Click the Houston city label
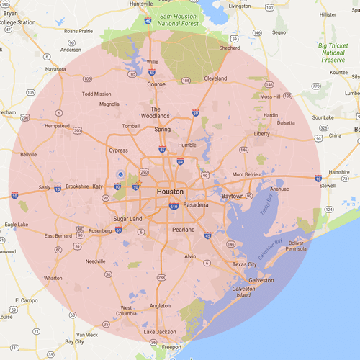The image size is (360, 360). (x=171, y=192)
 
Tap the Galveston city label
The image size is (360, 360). (x=261, y=279)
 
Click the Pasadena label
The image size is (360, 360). (x=195, y=205)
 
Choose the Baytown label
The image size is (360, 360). (x=232, y=196)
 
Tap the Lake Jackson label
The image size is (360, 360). (x=159, y=332)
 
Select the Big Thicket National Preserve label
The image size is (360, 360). (x=332, y=53)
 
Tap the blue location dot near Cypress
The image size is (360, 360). (x=120, y=174)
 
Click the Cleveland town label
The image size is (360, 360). (x=215, y=78)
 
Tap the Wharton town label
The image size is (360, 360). (x=53, y=278)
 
